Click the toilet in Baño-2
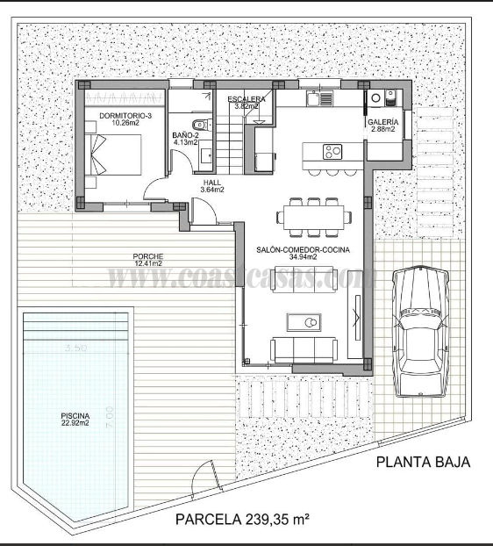pos(200,124)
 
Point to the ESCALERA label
pos(246,101)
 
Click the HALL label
pos(211,185)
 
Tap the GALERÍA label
pos(383,125)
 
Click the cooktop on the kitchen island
pos(332,151)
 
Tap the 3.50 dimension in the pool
pos(76,348)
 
